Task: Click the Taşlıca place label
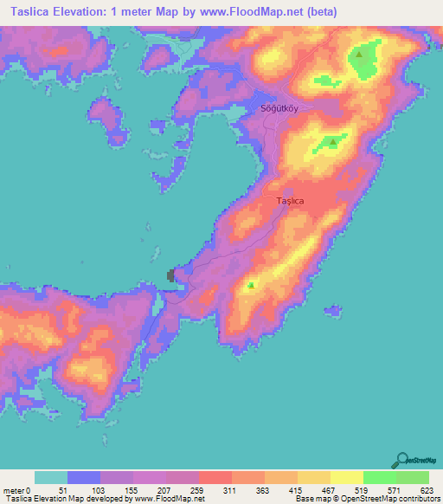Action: point(290,201)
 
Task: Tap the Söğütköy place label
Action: point(279,109)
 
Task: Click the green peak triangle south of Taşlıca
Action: point(251,284)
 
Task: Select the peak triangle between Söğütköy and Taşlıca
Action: point(331,142)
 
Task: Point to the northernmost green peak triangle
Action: point(358,55)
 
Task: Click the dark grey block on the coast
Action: point(170,275)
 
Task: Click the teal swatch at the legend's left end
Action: point(50,477)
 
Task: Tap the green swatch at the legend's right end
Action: point(413,477)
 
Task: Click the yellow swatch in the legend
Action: point(347,477)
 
